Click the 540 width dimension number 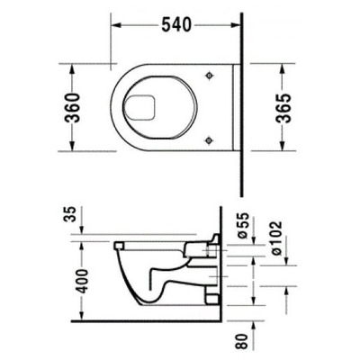(177, 25)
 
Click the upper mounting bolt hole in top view (210, 76)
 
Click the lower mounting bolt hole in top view (210, 137)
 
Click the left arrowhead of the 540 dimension (115, 25)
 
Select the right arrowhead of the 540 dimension (238, 25)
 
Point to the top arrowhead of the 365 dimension (287, 67)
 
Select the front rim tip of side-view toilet (117, 244)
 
